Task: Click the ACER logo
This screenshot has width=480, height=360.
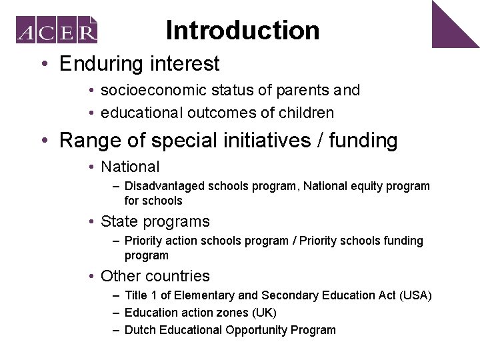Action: click(x=57, y=30)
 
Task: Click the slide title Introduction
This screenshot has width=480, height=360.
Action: click(x=243, y=30)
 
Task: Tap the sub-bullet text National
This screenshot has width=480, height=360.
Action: click(x=130, y=167)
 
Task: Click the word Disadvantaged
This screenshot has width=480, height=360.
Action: click(x=165, y=186)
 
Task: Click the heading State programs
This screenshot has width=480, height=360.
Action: click(x=155, y=221)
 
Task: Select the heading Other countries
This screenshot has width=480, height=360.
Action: click(x=155, y=276)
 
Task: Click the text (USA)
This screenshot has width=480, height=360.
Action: click(x=415, y=295)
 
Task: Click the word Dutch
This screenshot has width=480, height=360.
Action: click(x=139, y=330)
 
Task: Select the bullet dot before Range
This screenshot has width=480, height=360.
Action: click(x=44, y=141)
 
